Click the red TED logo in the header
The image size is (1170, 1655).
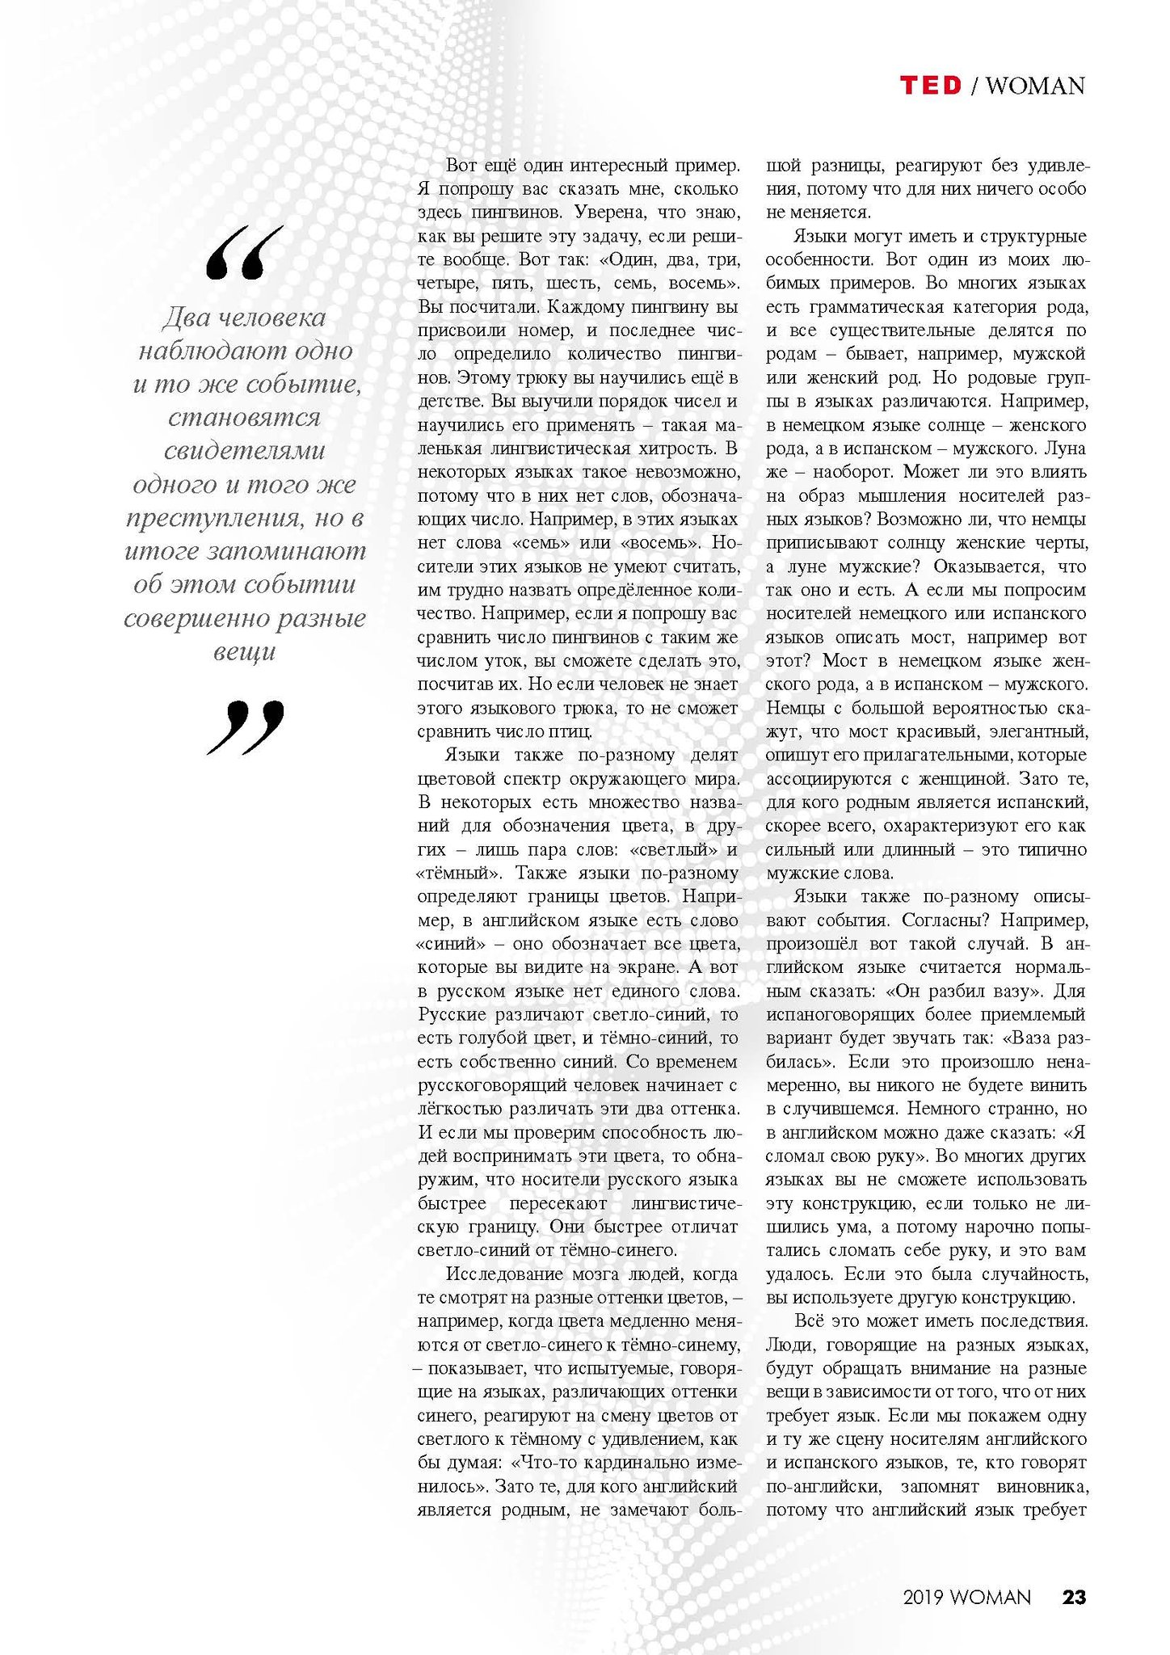pos(931,85)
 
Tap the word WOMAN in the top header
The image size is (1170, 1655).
pos(1035,86)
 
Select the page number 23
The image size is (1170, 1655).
pos(1074,1597)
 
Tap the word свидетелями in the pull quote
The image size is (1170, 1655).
pos(245,451)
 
